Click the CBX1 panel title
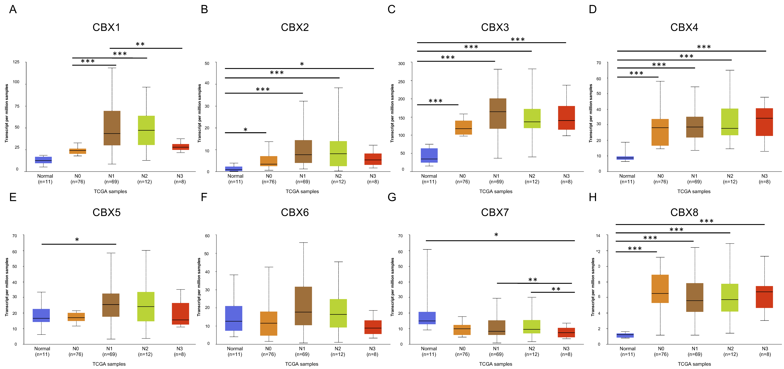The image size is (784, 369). pos(106,27)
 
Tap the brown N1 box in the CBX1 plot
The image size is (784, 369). pos(112,128)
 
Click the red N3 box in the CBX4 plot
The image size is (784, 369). pos(764,122)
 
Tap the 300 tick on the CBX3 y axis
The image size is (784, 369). pos(401,64)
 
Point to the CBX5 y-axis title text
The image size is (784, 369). pos(7,287)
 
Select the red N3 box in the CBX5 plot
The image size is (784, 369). pos(180,314)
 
